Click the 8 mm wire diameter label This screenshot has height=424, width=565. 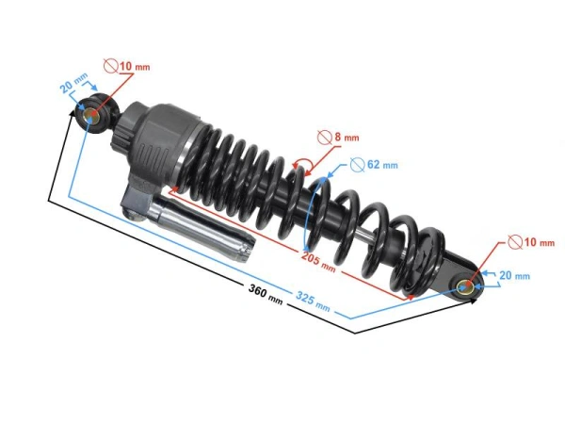(x=341, y=138)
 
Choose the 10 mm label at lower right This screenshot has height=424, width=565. (x=531, y=242)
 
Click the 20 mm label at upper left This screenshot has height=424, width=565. (x=73, y=88)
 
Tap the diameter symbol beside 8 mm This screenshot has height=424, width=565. (x=325, y=138)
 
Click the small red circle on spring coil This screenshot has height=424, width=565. (x=303, y=168)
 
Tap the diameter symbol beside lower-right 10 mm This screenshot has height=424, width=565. (x=514, y=242)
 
